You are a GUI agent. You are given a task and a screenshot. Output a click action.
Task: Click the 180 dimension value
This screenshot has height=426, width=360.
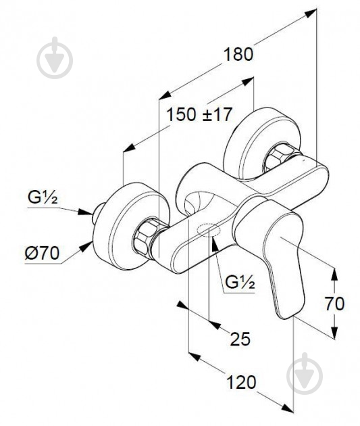pos(238,54)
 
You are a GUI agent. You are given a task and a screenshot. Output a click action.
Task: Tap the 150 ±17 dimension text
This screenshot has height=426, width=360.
pos(199,114)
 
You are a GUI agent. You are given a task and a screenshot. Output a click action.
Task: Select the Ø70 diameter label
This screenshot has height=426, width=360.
pos(42,253)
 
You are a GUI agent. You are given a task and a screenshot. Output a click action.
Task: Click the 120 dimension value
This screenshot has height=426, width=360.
pos(241,382)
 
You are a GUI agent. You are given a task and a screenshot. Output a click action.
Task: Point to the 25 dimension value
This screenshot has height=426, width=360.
pos(240,339)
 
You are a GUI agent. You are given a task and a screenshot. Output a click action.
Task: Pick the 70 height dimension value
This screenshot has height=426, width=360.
pos(335,304)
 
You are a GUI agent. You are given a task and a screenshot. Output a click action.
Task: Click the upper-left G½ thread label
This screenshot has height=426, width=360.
pos(43,197)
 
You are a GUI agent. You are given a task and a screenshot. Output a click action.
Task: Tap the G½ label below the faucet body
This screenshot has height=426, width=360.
pos(240,282)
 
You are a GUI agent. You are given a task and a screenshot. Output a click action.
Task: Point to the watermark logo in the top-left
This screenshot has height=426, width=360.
pos(55,57)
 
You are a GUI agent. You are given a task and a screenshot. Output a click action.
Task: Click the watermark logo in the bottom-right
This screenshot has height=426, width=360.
pos(305,373)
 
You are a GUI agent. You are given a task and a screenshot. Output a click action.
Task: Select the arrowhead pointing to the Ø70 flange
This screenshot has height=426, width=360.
pos(86,246)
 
